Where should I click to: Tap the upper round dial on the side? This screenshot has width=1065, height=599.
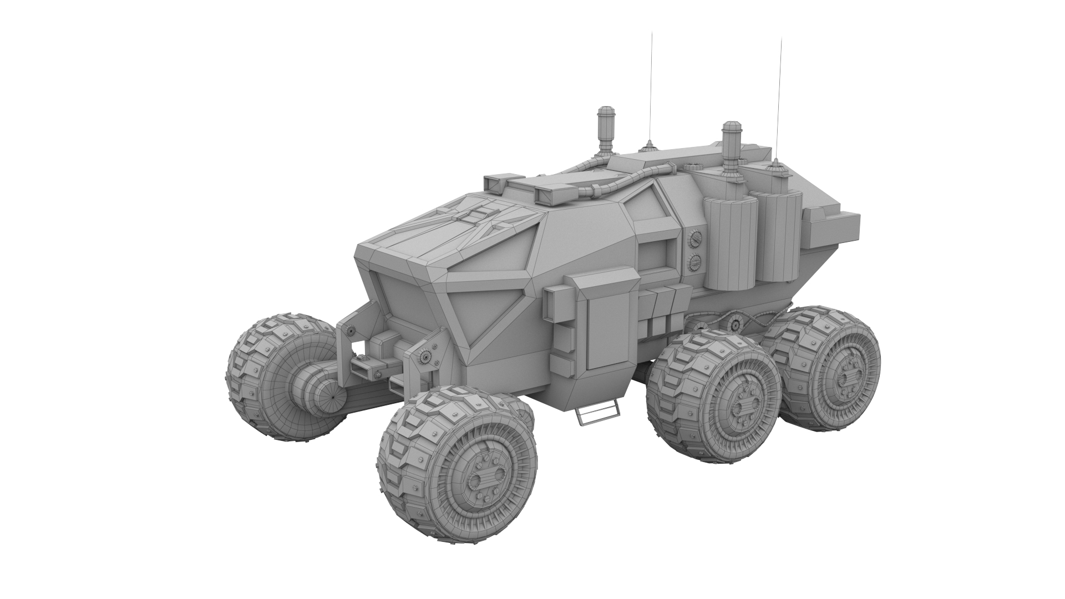tap(693, 238)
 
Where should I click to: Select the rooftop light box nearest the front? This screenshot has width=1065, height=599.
tap(497, 183)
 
